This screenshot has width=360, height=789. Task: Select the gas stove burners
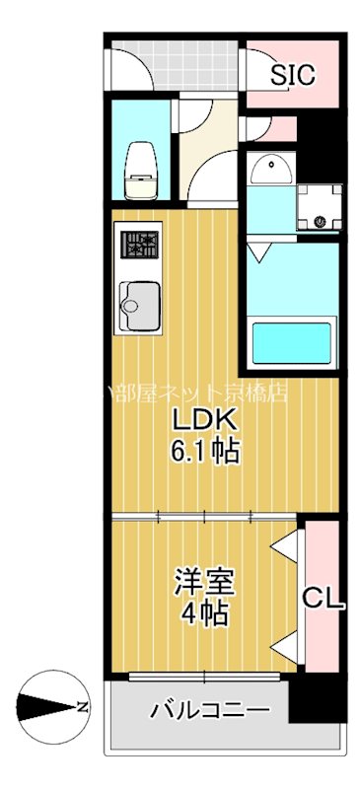pos(139,244)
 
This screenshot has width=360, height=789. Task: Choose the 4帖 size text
pos(204,613)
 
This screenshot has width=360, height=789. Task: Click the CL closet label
pos(322,598)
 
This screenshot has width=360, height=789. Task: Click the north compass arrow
pos(44,706)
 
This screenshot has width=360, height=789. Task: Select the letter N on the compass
pos(84,706)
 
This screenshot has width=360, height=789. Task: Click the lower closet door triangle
pos(286,646)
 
